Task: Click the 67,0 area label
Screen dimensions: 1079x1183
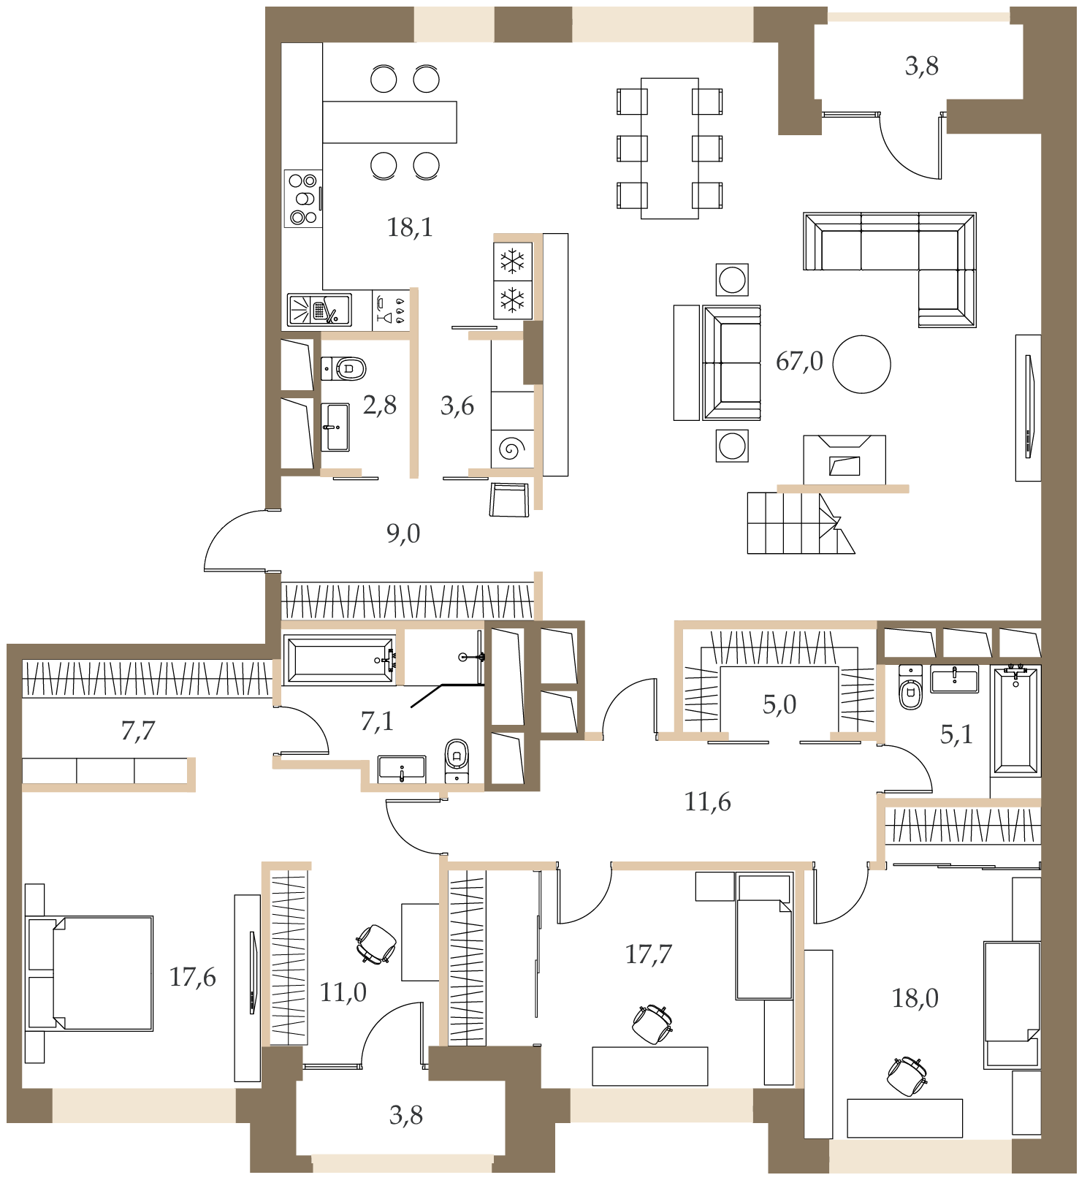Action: [799, 361]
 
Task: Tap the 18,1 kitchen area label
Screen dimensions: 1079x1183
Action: [410, 227]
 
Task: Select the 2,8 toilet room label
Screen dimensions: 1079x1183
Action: [380, 405]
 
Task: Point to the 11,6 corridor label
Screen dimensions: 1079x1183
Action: [707, 802]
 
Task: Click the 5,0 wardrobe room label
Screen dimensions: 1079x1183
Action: [779, 704]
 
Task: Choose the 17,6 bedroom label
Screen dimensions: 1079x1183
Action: [193, 977]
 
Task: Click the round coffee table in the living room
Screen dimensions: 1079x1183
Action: [862, 364]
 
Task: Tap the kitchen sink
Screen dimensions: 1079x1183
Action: [319, 310]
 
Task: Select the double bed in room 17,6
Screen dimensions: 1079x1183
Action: [89, 973]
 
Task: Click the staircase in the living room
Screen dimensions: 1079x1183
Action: [801, 522]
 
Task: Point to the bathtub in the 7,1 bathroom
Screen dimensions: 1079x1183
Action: [340, 661]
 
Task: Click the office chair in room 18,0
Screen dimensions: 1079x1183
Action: [907, 1076]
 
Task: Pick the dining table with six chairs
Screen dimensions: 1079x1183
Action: [670, 148]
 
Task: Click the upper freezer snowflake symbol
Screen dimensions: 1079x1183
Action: [513, 261]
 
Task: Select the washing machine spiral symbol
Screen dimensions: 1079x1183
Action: [513, 448]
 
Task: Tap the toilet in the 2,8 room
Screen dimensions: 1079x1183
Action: [343, 368]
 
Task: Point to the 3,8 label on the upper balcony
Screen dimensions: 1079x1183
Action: [922, 66]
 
